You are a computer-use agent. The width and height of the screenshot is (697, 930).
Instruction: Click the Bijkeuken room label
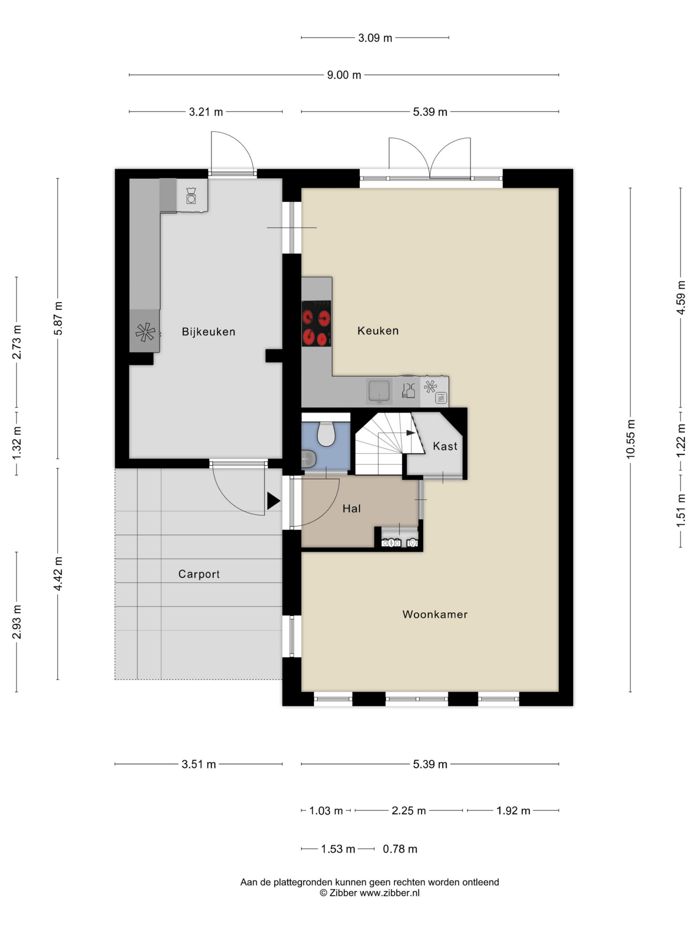[208, 332]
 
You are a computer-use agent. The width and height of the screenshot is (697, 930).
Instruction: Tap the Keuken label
[378, 331]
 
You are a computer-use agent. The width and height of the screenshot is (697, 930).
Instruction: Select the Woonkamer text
[435, 614]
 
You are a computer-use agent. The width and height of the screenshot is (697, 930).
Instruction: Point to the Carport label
[199, 574]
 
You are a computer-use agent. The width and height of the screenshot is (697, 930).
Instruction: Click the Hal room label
[351, 509]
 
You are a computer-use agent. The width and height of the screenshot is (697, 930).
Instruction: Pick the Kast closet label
[445, 446]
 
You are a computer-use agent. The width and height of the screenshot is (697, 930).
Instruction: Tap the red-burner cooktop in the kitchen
[316, 323]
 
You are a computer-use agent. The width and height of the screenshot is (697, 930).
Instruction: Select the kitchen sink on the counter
[379, 391]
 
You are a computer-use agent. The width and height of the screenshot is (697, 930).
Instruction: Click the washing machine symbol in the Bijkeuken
[191, 196]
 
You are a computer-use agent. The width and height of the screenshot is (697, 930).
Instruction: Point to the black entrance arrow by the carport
[273, 501]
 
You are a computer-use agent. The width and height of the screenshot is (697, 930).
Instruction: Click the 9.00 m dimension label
[344, 75]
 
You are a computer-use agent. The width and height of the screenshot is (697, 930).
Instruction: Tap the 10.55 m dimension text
[630, 439]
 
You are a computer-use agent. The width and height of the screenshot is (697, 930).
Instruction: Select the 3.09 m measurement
[375, 38]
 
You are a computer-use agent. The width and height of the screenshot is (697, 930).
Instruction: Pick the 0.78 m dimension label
[400, 849]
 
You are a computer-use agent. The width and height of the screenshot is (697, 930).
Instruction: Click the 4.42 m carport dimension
[58, 574]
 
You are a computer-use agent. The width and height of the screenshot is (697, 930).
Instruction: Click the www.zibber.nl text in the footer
[390, 893]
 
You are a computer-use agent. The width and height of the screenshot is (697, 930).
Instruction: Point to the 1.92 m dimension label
[513, 810]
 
